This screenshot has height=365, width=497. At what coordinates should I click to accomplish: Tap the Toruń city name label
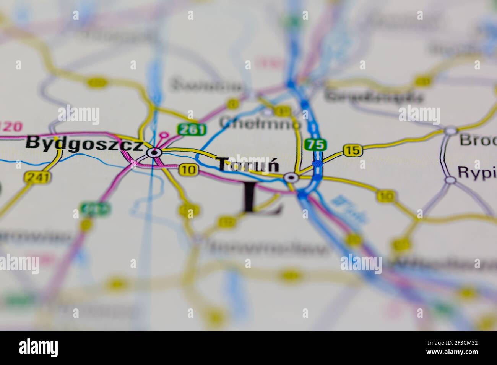pyautogui.click(x=248, y=165)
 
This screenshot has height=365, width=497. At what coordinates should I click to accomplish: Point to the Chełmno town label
pyautogui.click(x=260, y=123)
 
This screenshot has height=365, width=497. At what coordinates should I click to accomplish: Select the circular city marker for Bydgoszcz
pyautogui.click(x=154, y=153)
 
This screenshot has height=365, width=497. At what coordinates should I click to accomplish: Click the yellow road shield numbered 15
pyautogui.click(x=352, y=150)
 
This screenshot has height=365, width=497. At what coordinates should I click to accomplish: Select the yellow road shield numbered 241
pyautogui.click(x=33, y=177)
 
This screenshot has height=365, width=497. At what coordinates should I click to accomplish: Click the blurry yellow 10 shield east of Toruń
pyautogui.click(x=385, y=196)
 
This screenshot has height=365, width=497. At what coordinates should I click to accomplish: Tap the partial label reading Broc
pyautogui.click(x=478, y=140)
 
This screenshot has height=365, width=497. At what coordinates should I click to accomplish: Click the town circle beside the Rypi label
pyautogui.click(x=451, y=179)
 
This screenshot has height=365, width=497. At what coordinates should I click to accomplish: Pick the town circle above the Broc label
pyautogui.click(x=451, y=131)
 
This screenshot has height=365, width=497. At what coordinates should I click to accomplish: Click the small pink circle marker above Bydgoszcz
pyautogui.click(x=164, y=135)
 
